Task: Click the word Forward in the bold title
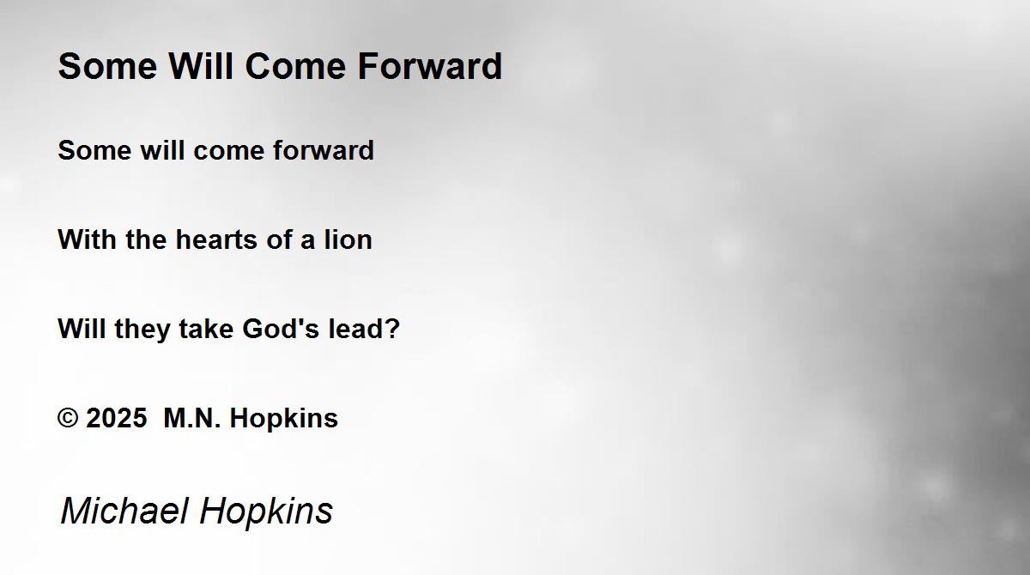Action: (430, 66)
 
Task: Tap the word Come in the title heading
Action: (295, 66)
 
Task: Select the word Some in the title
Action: (107, 66)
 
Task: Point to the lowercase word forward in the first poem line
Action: (324, 150)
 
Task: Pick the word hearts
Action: (216, 239)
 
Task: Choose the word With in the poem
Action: (87, 239)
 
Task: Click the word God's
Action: (281, 329)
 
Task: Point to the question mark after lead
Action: (391, 329)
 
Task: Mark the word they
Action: (142, 330)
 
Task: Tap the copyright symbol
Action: (68, 418)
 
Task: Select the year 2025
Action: (117, 418)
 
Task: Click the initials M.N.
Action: (192, 418)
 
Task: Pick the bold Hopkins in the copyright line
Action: (284, 420)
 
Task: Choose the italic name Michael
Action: (124, 511)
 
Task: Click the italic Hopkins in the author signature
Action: (266, 512)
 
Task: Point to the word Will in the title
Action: (201, 66)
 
